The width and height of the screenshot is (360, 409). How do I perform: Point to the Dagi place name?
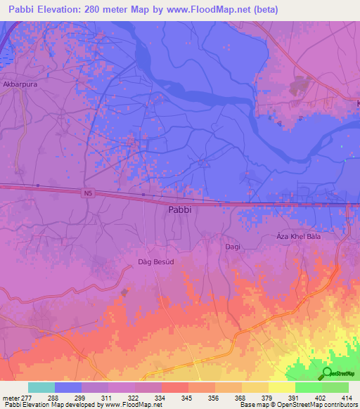(233, 247)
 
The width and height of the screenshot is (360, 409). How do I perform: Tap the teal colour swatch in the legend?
(41, 387)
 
